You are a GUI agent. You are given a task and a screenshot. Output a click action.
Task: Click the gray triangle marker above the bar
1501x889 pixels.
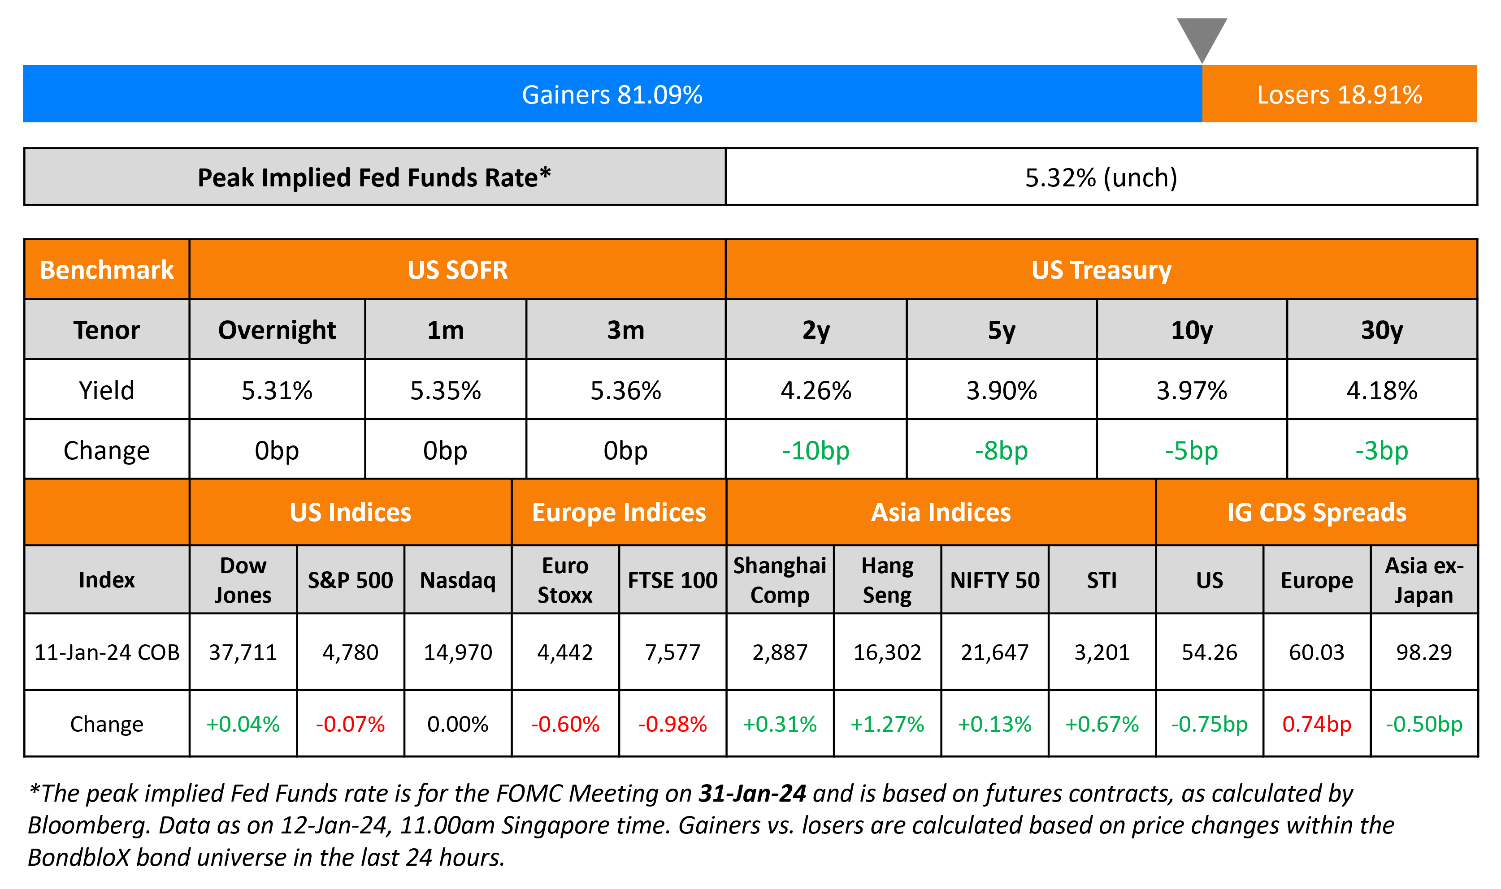pyautogui.click(x=1202, y=36)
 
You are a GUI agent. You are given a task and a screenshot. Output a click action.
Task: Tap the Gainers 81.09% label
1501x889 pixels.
pyautogui.click(x=612, y=95)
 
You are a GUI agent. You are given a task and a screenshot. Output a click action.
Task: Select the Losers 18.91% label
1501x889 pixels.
pyautogui.click(x=1339, y=95)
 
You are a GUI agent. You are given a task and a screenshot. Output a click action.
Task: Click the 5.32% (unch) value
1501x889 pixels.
pyautogui.click(x=1101, y=177)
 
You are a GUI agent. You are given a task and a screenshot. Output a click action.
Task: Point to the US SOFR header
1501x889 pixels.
pyautogui.click(x=457, y=270)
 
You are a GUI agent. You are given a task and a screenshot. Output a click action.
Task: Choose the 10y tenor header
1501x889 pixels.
pyautogui.click(x=1191, y=330)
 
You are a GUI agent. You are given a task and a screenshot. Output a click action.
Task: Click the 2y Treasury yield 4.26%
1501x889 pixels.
pyautogui.click(x=816, y=391)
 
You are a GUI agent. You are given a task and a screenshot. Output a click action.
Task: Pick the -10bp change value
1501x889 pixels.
pyautogui.click(x=816, y=450)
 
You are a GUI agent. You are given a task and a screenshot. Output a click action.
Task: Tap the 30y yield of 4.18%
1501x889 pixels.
pyautogui.click(x=1381, y=391)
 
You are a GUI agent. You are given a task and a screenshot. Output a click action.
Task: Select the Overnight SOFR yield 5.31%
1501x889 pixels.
pyautogui.click(x=277, y=391)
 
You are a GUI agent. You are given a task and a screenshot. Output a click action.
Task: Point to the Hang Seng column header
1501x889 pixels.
pyautogui.click(x=887, y=580)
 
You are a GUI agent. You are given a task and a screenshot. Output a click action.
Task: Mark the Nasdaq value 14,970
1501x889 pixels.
pyautogui.click(x=458, y=652)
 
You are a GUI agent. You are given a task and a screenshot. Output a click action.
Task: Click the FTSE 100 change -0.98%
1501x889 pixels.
pyautogui.click(x=672, y=724)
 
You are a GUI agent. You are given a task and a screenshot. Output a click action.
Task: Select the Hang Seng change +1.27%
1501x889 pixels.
pyautogui.click(x=887, y=724)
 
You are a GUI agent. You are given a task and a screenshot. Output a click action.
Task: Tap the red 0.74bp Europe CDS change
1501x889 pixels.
pyautogui.click(x=1316, y=724)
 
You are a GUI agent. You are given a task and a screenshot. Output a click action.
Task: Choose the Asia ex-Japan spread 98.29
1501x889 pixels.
pyautogui.click(x=1424, y=652)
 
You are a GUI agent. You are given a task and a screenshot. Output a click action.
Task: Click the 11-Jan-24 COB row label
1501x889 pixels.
pyautogui.click(x=107, y=652)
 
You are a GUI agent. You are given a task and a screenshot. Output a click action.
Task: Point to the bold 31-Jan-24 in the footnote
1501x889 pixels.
pyautogui.click(x=752, y=793)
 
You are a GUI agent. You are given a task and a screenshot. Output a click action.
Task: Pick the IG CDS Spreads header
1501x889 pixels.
pyautogui.click(x=1316, y=513)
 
